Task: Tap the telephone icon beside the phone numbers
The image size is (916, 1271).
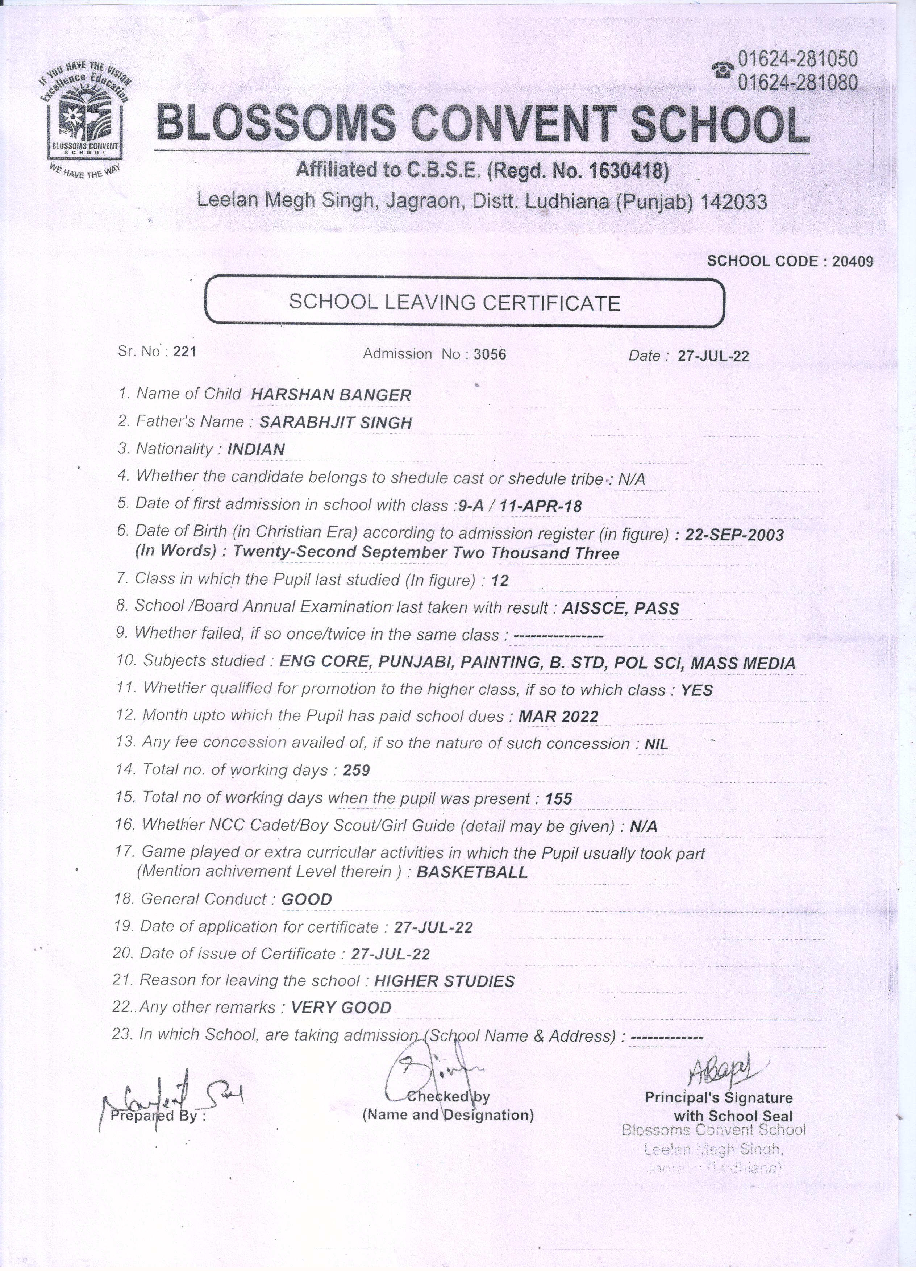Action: point(723,70)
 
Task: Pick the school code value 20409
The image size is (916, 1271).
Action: point(852,262)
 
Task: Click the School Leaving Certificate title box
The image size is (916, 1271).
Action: point(465,302)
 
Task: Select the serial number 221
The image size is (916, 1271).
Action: point(184,352)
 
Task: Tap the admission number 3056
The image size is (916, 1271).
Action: point(490,354)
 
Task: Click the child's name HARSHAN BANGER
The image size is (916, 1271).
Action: point(331,395)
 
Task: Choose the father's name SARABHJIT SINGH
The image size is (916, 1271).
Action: point(336,423)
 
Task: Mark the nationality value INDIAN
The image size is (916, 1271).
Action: point(256,449)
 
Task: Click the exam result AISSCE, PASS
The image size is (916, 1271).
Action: point(620,608)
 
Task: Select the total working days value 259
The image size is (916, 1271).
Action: point(356,770)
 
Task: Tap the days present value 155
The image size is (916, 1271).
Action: point(559,798)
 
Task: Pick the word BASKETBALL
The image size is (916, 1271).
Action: point(472,872)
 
